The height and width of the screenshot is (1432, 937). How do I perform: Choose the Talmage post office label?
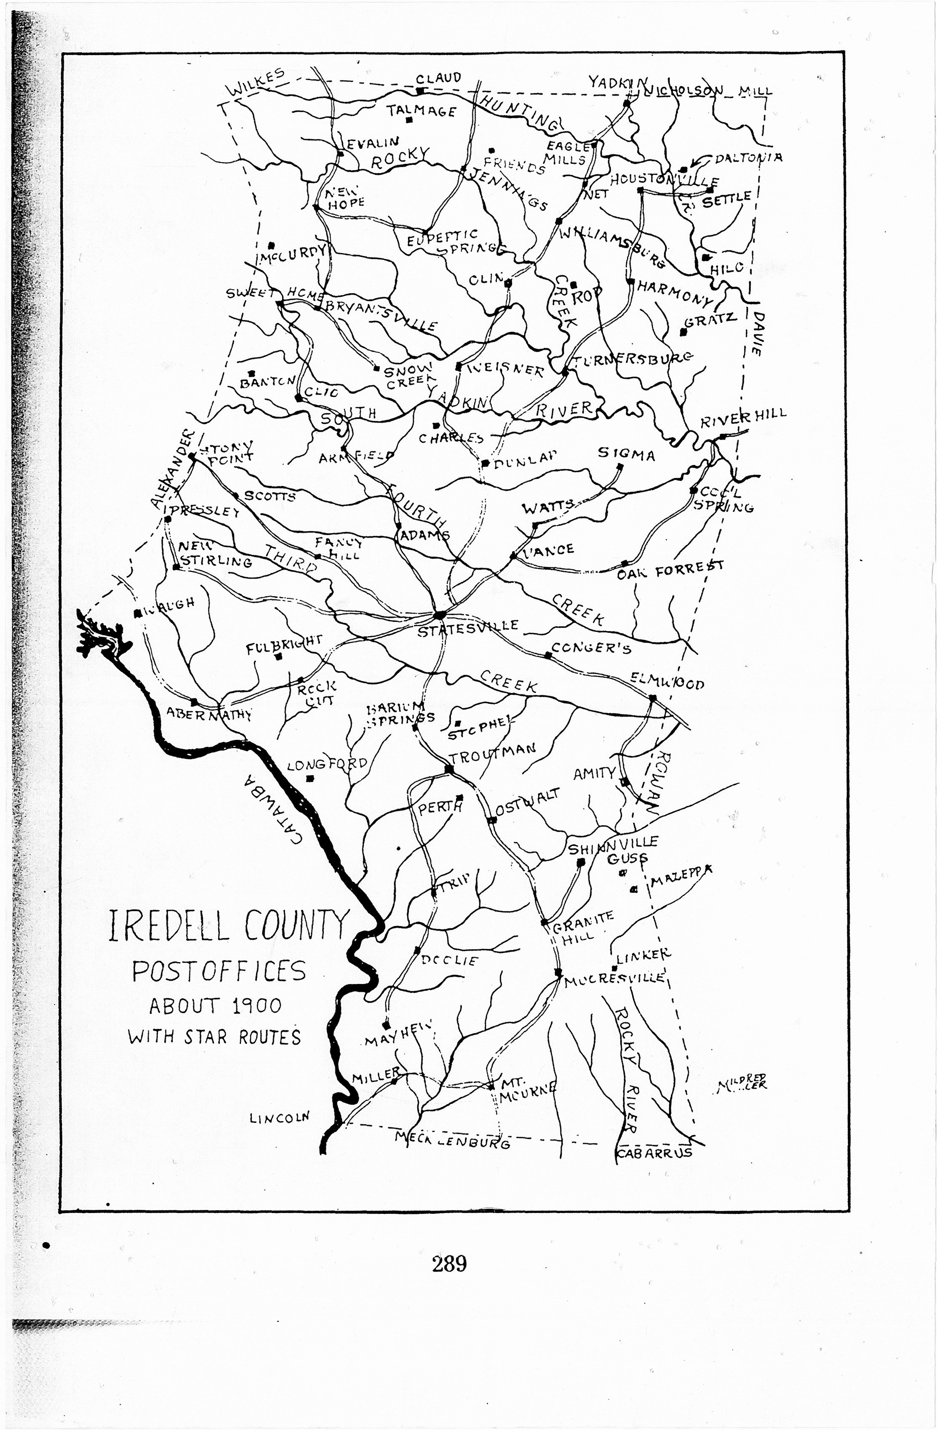421,111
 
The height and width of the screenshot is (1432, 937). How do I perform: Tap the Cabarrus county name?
654,1153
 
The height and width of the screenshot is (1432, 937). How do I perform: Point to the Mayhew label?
398,1035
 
